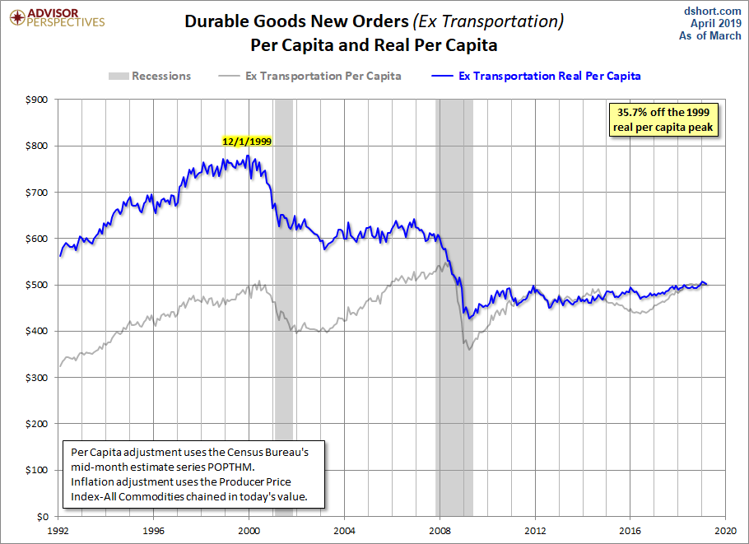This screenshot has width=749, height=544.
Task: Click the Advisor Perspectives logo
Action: (55, 18)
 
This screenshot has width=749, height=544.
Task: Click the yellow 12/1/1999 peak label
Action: (247, 142)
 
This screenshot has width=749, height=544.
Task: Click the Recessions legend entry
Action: (149, 76)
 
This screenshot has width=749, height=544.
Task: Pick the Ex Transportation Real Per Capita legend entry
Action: (536, 76)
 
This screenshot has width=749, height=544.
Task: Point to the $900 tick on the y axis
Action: (39, 100)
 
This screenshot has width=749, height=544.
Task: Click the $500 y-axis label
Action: (39, 285)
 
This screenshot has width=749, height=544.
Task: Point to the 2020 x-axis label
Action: (725, 529)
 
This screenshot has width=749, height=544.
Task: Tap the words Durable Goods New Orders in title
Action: (297, 21)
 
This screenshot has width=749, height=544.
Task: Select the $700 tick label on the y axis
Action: (39, 193)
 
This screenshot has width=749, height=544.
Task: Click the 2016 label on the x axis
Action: (630, 529)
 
